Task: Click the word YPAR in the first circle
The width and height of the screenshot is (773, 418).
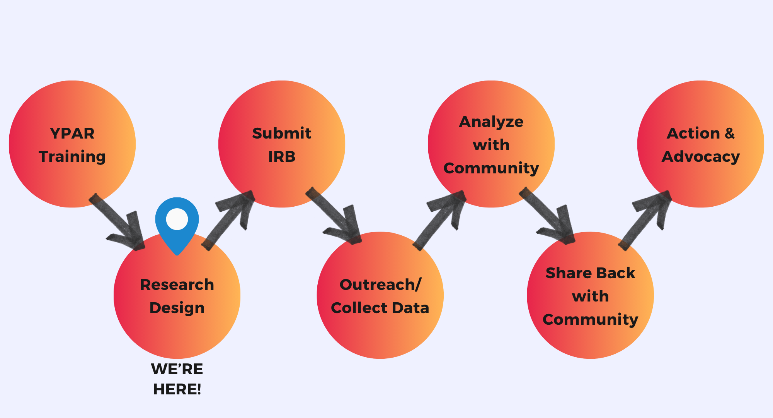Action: click(72, 134)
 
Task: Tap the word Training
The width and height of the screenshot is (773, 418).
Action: click(72, 157)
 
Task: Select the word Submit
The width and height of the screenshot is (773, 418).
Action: click(282, 134)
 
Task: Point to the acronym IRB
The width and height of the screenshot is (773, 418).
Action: click(282, 157)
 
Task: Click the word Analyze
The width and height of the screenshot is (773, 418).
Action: click(491, 122)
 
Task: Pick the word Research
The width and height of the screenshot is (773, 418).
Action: click(177, 285)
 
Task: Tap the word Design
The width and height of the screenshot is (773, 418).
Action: click(177, 308)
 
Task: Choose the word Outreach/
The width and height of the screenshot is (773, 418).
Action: click(380, 285)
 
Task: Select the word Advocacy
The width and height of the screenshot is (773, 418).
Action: click(701, 157)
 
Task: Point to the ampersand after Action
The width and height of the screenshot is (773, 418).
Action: click(729, 134)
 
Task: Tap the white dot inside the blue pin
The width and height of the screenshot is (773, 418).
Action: click(177, 219)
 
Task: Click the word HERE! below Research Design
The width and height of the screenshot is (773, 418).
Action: click(177, 389)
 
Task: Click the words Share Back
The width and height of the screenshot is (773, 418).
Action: click(590, 273)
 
